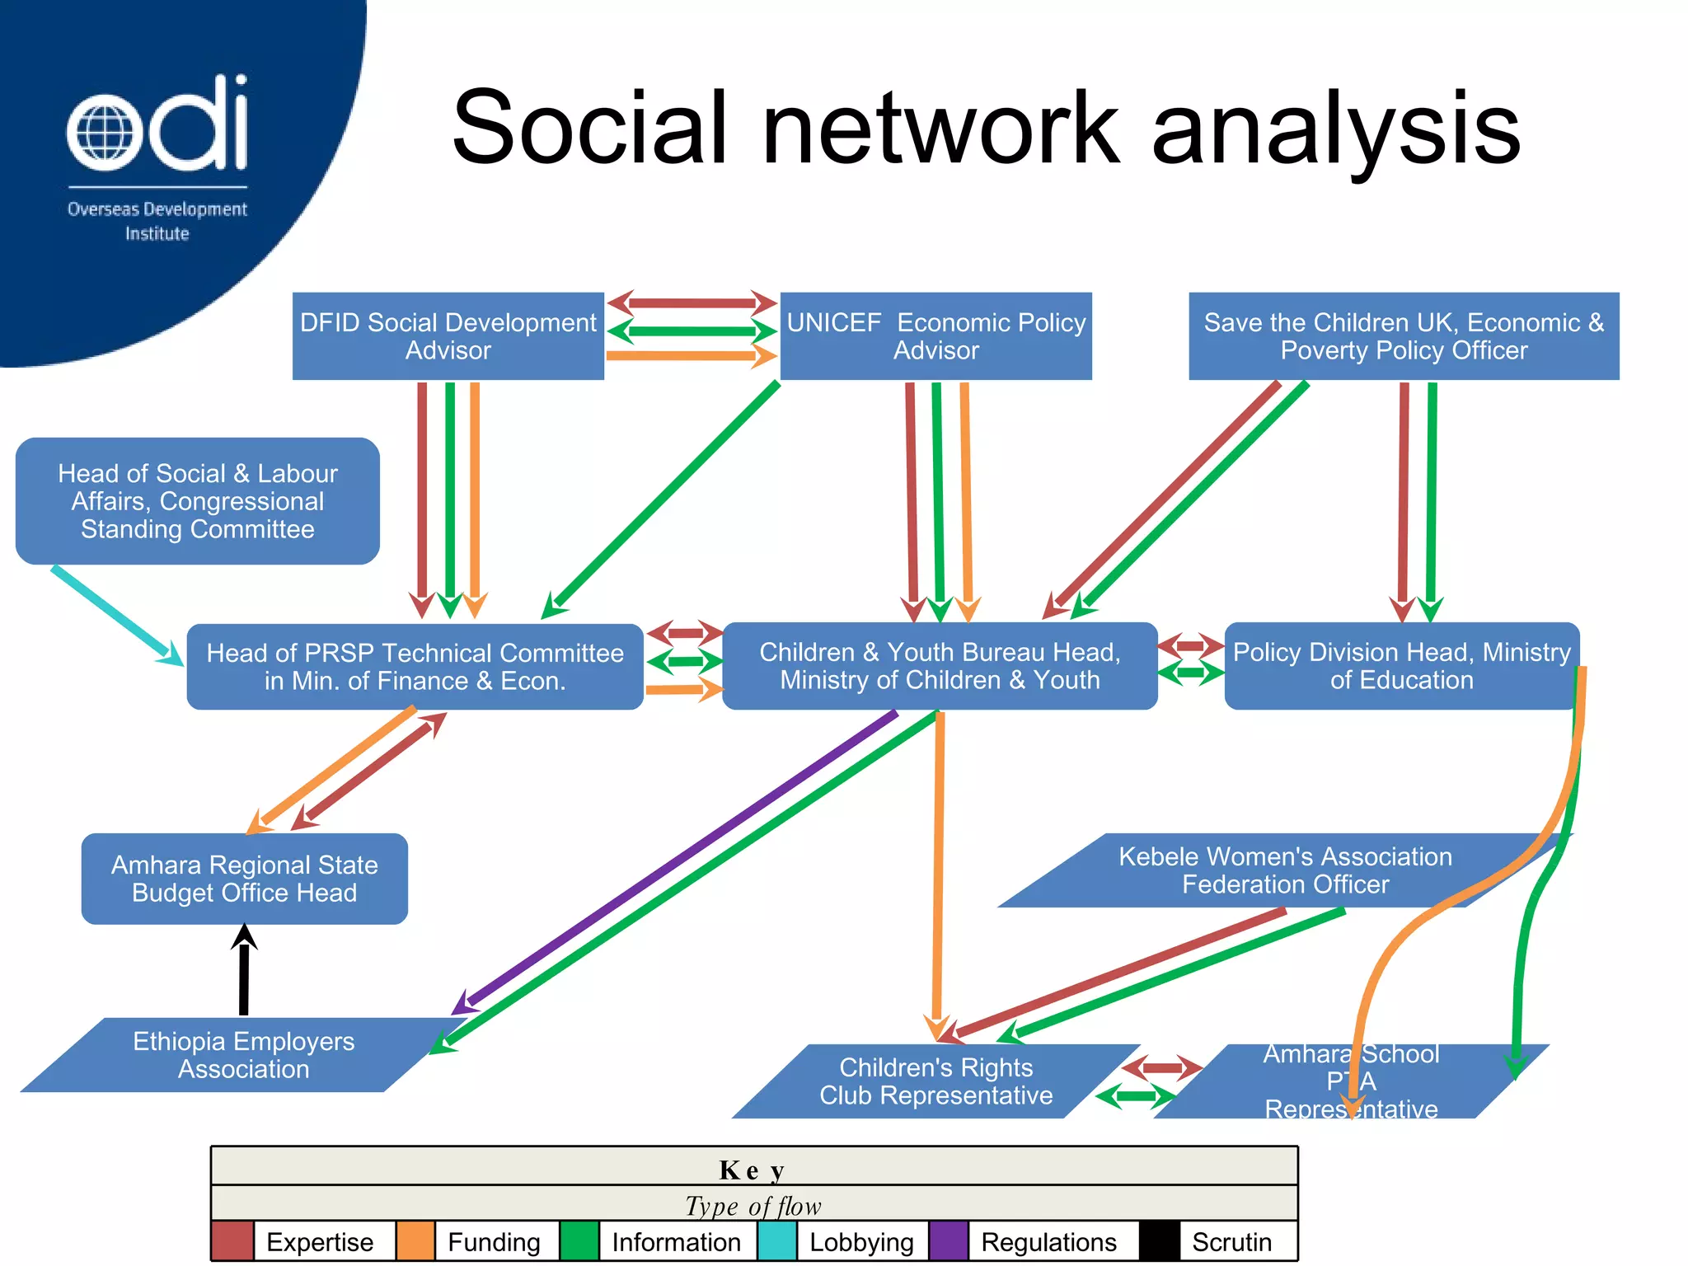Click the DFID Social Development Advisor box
pyautogui.click(x=448, y=336)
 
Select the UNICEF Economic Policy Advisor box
pyautogui.click(x=935, y=336)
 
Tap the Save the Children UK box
pyautogui.click(x=1403, y=336)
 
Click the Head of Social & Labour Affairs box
pyautogui.click(x=198, y=501)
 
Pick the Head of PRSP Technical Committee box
pyautogui.click(x=415, y=667)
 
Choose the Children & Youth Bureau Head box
pyautogui.click(x=940, y=666)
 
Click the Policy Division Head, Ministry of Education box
pyautogui.click(x=1401, y=666)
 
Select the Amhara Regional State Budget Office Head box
pyautogui.click(x=244, y=879)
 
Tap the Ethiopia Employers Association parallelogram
pyautogui.click(x=244, y=1055)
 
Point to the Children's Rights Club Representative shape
pyautogui.click(x=935, y=1081)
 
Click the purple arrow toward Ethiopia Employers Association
pyautogui.click(x=676, y=861)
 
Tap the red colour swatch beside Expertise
pyautogui.click(x=232, y=1241)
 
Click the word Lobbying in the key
pyautogui.click(x=861, y=1242)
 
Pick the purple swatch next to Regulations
pyautogui.click(x=949, y=1241)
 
